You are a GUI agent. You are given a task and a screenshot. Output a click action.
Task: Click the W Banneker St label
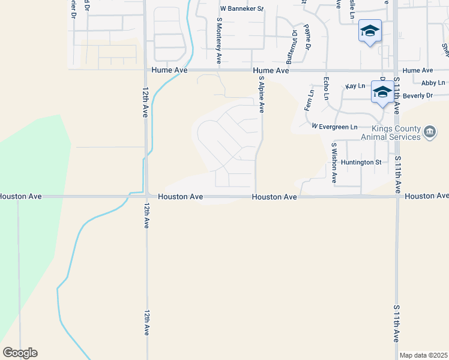pos(242,9)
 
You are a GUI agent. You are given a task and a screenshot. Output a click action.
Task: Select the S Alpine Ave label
pos(261,94)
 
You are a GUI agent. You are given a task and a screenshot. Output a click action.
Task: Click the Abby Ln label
pos(433,83)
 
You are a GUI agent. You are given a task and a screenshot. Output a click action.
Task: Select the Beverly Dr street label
pos(418,95)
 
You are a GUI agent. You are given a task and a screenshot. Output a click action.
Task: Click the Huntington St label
pos(361,162)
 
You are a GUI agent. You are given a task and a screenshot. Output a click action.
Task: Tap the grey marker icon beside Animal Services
pos(430,132)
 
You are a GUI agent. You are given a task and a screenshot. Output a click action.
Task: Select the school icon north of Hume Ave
pos(370,30)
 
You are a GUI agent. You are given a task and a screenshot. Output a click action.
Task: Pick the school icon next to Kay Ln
pos(382,92)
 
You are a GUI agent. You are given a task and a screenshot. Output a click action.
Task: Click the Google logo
pos(20,353)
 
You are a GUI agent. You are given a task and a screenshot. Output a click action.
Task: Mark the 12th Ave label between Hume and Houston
pos(146,101)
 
